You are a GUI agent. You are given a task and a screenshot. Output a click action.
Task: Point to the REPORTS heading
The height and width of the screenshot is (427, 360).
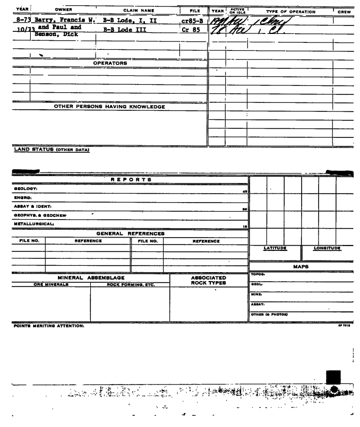131,180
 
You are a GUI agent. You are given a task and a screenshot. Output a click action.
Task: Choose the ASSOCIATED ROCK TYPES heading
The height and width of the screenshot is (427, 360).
209,280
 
